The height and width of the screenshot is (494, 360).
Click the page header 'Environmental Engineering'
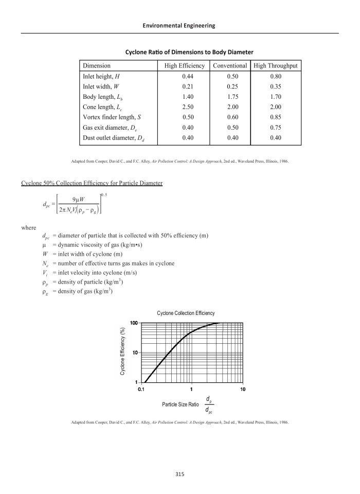(x=179, y=25)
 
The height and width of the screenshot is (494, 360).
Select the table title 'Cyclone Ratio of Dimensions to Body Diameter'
(x=189, y=52)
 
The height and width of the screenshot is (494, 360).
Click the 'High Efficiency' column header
(x=184, y=66)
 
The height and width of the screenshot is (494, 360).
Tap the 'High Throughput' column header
(x=275, y=66)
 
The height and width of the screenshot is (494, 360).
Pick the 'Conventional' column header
(x=230, y=66)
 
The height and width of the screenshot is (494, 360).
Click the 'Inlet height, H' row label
(x=101, y=76)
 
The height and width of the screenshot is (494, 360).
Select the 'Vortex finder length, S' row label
(x=112, y=117)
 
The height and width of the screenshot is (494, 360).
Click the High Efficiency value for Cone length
(x=184, y=107)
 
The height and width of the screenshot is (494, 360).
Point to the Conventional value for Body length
(x=230, y=97)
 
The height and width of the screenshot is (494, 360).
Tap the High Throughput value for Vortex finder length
(x=275, y=117)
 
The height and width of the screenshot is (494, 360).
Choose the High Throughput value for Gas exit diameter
(x=275, y=127)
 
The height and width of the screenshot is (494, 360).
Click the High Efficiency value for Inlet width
(x=184, y=86)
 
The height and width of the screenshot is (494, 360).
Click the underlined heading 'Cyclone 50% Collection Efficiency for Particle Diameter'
(x=92, y=183)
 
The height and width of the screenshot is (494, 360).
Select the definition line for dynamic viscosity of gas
(x=86, y=245)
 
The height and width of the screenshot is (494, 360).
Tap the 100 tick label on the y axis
(x=133, y=323)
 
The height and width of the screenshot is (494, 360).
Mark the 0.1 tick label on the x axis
(x=141, y=390)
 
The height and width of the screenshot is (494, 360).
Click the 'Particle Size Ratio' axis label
(x=180, y=404)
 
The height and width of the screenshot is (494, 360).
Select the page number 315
(x=179, y=474)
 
